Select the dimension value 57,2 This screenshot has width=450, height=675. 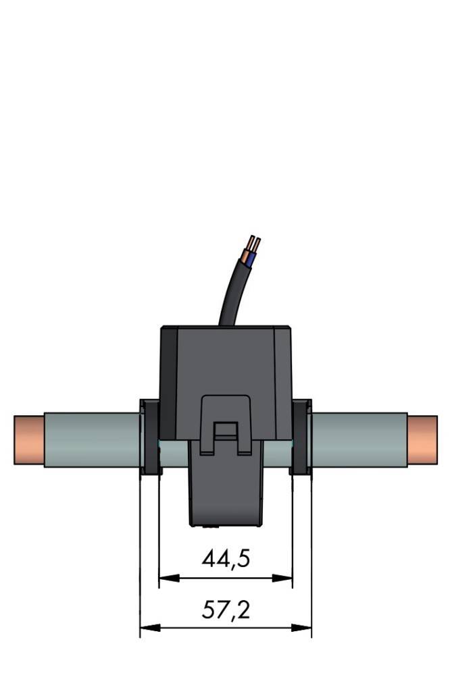(226, 611)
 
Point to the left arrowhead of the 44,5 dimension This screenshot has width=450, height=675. (164, 578)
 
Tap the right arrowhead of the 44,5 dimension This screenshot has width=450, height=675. (286, 578)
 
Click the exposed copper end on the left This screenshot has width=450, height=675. (28, 439)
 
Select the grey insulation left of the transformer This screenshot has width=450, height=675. (91, 439)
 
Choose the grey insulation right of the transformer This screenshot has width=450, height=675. (358, 439)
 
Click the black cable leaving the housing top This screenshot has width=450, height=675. (230, 297)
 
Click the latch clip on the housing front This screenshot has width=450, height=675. (226, 418)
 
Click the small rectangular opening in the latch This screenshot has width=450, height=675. (226, 432)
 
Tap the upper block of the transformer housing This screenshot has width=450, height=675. (226, 358)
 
